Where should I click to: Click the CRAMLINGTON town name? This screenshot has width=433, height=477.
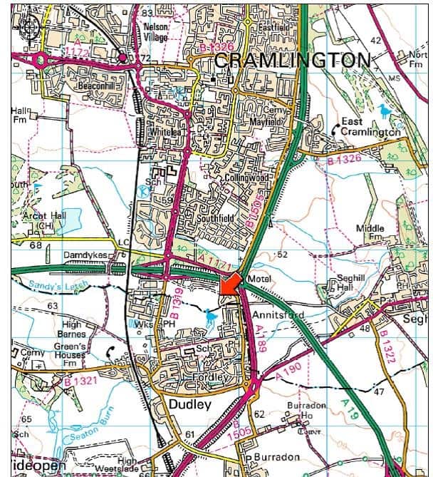tap(291, 61)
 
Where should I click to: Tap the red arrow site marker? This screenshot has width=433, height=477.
tap(229, 283)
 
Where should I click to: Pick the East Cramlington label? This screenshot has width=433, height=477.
tap(369, 126)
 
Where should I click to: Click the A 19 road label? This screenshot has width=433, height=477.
tap(350, 408)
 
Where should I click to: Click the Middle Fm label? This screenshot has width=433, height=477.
tap(370, 232)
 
